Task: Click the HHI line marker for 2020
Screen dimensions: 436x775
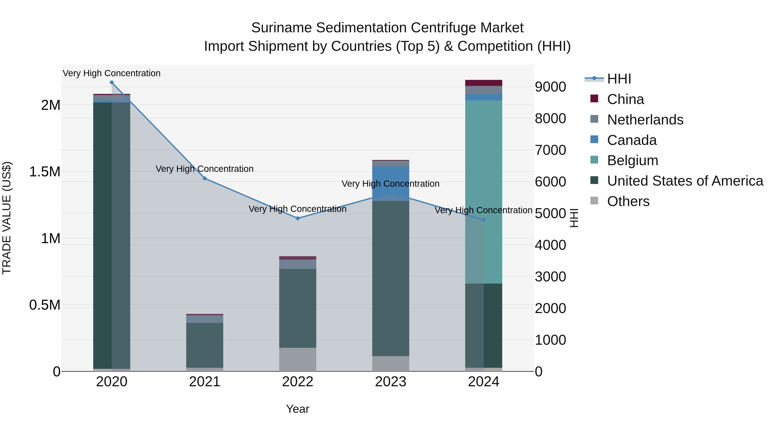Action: [x=112, y=82]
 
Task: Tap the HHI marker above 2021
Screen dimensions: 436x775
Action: [x=205, y=178]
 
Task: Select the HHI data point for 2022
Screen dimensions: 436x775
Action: [x=298, y=219]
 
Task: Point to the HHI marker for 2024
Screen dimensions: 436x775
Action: [x=484, y=220]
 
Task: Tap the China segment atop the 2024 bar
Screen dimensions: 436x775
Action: [x=484, y=83]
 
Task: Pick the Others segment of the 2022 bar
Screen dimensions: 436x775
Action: [x=298, y=359]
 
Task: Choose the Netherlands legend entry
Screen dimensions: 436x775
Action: [x=645, y=120]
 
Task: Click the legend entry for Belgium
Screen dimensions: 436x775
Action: [x=632, y=160]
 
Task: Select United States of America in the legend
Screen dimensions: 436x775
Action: [x=685, y=181]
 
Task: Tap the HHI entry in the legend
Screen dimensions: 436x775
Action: [x=619, y=79]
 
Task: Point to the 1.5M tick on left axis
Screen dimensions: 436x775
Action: [x=45, y=172]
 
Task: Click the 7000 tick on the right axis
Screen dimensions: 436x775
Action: [x=550, y=150]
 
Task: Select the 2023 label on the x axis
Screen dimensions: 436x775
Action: [x=391, y=382]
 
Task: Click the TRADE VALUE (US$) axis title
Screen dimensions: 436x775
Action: [x=7, y=218]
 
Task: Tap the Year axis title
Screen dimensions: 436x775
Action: [x=298, y=409]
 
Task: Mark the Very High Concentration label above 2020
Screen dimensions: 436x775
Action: [x=112, y=73]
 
